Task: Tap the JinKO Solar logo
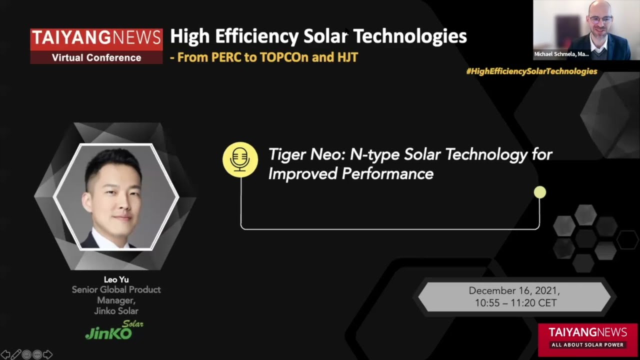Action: (x=114, y=331)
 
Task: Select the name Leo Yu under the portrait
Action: (x=116, y=279)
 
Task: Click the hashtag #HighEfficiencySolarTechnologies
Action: (x=531, y=71)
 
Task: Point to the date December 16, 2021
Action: (x=514, y=291)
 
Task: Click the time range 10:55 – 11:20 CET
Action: (x=515, y=303)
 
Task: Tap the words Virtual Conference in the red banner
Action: (x=96, y=57)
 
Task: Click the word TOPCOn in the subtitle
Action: (x=284, y=57)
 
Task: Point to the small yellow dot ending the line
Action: (x=540, y=192)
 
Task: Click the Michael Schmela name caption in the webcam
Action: (x=561, y=54)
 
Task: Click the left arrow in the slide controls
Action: (x=5, y=354)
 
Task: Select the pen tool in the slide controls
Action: (x=16, y=354)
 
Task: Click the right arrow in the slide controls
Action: (x=48, y=354)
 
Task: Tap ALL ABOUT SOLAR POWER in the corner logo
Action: (x=587, y=345)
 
